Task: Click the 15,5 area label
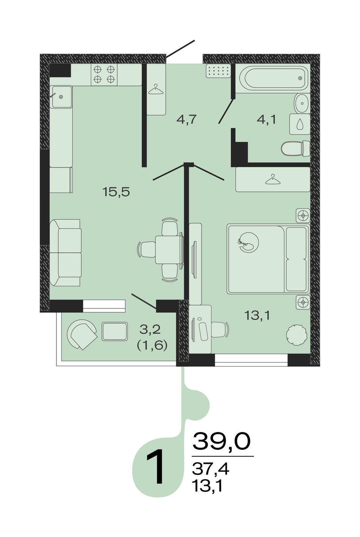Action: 116,192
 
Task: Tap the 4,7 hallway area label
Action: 186,119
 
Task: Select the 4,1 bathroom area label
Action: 266,119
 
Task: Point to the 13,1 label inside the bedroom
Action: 257,315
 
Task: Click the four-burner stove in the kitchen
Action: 104,74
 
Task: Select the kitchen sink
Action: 61,97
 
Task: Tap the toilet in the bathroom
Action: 296,149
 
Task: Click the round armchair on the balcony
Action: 82,334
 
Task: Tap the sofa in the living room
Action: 65,253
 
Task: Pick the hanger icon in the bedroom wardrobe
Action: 273,179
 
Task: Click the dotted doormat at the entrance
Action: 218,71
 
